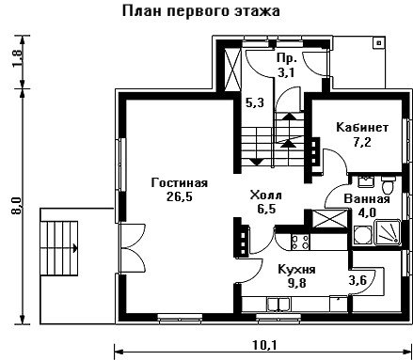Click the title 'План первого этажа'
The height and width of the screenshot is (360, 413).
tap(200, 11)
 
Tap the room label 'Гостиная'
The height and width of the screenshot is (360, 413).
tap(180, 182)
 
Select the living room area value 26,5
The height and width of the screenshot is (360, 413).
tap(180, 196)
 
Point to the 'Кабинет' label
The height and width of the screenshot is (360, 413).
tap(362, 128)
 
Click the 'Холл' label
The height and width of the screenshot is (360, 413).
tap(266, 196)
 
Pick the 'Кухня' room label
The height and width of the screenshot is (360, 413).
tap(297, 270)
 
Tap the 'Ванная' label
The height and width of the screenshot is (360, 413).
tap(367, 199)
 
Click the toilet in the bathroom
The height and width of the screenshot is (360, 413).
tap(389, 184)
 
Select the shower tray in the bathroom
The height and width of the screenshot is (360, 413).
tap(389, 233)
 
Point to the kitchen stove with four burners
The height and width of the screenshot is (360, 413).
tap(300, 242)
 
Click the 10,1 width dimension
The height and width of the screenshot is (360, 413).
tap(265, 345)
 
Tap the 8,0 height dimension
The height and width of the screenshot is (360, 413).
tap(16, 206)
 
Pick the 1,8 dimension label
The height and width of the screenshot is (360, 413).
tap(18, 57)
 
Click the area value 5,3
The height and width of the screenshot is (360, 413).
tap(255, 102)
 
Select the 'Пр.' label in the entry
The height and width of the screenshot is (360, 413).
tap(287, 58)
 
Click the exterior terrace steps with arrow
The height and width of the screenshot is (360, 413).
tap(59, 248)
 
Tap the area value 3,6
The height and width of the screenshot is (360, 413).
tap(357, 280)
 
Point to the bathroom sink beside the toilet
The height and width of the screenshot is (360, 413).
tap(365, 182)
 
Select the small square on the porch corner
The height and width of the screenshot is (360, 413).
tap(379, 42)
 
